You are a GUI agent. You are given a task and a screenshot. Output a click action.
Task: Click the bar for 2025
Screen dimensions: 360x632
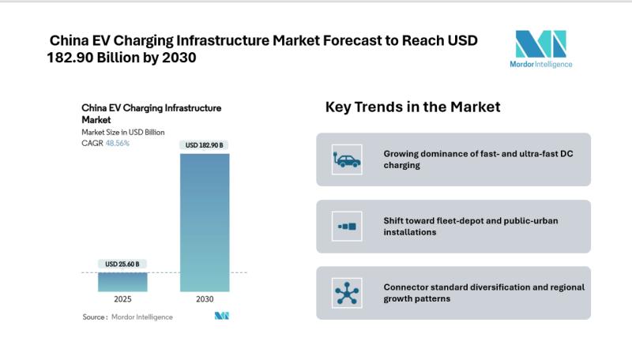pos(122,282)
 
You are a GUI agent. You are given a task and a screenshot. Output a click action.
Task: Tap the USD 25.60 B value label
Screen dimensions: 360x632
pos(122,264)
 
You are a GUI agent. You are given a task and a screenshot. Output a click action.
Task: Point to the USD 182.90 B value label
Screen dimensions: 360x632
pos(205,145)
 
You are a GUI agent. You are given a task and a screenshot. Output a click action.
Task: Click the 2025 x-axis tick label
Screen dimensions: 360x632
pos(122,300)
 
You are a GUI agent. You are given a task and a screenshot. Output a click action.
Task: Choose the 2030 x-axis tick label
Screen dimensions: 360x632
pos(205,300)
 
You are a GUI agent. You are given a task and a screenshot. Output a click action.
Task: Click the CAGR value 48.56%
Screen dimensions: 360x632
pos(118,143)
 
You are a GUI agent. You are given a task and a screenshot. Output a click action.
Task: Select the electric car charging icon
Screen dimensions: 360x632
pos(346,159)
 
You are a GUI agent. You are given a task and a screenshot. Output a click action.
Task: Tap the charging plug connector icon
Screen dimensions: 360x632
pos(346,227)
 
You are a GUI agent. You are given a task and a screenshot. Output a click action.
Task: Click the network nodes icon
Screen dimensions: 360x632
pos(346,294)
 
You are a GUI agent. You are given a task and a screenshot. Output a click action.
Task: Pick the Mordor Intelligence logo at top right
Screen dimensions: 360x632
pos(541,49)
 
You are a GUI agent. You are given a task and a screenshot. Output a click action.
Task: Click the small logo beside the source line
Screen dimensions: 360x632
pos(222,317)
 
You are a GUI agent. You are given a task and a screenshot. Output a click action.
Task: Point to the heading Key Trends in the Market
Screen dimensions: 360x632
pos(412,107)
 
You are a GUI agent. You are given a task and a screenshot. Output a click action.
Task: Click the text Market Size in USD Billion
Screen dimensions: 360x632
pos(122,132)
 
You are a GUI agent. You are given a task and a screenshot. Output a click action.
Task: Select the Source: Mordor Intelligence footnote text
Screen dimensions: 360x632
pos(127,317)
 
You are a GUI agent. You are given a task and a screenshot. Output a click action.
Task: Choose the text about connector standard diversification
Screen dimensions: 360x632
pos(483,293)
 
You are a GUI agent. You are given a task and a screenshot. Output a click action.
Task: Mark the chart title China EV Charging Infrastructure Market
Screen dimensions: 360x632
pos(151,113)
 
